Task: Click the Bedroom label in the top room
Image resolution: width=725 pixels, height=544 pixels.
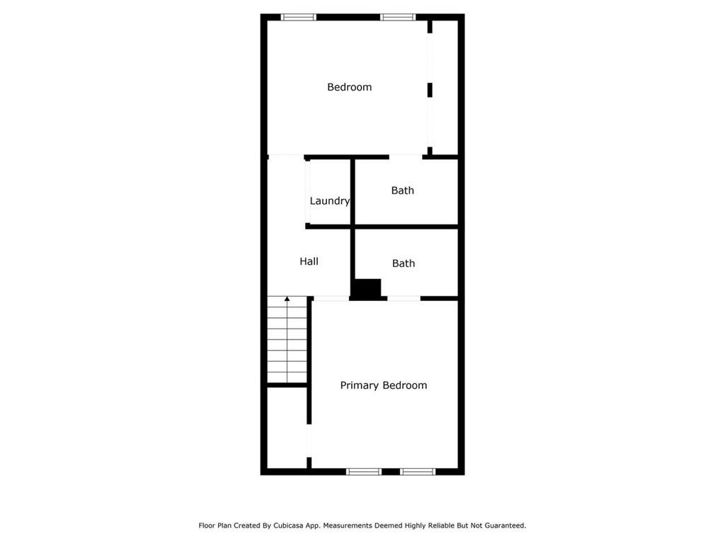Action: tap(349, 87)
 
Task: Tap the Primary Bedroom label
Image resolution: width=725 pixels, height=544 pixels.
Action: tap(383, 385)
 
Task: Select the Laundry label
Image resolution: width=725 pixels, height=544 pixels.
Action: tap(329, 201)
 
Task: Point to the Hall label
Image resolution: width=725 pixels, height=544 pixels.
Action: tap(309, 261)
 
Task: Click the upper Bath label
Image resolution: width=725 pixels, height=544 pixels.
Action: tap(403, 191)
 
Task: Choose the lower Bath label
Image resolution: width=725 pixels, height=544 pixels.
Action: tap(404, 263)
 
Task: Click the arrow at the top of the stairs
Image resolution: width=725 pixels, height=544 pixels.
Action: tap(287, 300)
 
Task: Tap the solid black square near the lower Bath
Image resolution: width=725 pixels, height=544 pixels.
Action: tap(367, 289)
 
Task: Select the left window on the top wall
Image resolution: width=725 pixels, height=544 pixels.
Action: tap(299, 17)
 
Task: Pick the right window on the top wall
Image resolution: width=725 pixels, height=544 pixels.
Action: tap(398, 17)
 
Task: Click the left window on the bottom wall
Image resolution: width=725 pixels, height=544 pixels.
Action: tap(364, 471)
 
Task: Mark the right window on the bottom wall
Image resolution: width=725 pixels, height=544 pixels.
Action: tap(418, 471)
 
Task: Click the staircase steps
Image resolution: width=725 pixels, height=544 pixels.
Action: tap(287, 344)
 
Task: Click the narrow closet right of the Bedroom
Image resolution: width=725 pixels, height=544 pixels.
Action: tap(445, 85)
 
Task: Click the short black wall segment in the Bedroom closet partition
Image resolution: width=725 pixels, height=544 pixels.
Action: tap(430, 90)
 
